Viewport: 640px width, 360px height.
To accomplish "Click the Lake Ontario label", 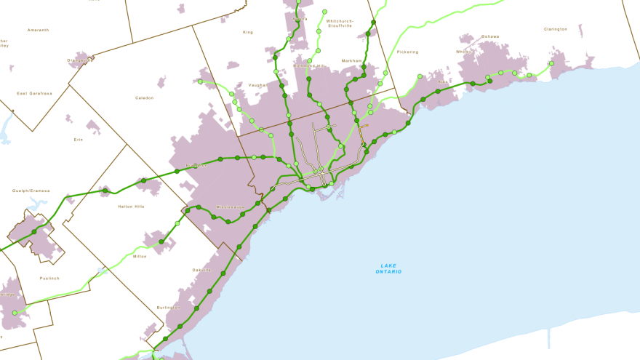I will pyautogui.click(x=388, y=268).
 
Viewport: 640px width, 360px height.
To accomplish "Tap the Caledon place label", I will pyautogui.click(x=145, y=97).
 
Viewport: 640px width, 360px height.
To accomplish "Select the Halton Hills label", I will pyautogui.click(x=131, y=207).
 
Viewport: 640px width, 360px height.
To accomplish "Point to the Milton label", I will pyautogui.click(x=140, y=256).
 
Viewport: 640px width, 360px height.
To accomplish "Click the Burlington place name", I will pyautogui.click(x=168, y=308).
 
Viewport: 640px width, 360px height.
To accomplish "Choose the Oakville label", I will pyautogui.click(x=201, y=270).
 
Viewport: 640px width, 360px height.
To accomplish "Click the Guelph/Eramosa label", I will pyautogui.click(x=31, y=191).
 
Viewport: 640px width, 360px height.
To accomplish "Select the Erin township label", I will pyautogui.click(x=79, y=139).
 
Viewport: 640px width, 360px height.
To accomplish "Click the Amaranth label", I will pyautogui.click(x=38, y=30).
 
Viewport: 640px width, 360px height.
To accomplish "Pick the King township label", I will pyautogui.click(x=248, y=32).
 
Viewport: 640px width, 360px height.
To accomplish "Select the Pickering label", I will pyautogui.click(x=407, y=52).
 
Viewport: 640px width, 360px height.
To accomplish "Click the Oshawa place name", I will pyautogui.click(x=490, y=36).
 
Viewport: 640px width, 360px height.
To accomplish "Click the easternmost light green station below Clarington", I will pyautogui.click(x=551, y=63).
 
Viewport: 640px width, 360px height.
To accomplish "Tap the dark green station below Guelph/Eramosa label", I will pyautogui.click(x=34, y=231).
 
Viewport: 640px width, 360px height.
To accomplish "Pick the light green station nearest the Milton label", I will pyautogui.click(x=177, y=223).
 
